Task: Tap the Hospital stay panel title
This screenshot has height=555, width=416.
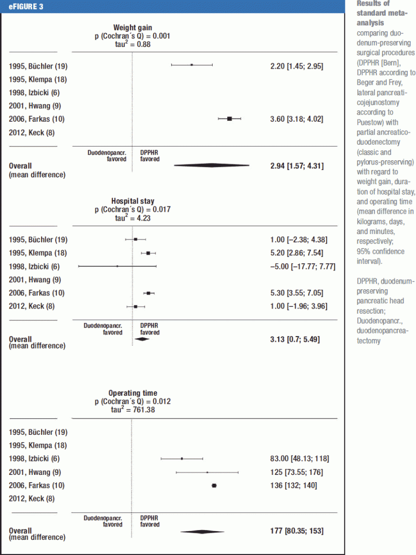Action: [x=133, y=201]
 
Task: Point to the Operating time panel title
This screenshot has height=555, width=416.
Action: [x=133, y=393]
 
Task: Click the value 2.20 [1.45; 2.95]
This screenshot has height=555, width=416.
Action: [x=294, y=67]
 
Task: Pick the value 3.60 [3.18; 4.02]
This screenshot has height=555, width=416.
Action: [x=294, y=119]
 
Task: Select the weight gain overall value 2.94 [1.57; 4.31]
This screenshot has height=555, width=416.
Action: [x=294, y=165]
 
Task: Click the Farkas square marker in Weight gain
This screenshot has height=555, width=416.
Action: [x=229, y=119]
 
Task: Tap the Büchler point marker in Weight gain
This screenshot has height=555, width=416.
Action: [x=191, y=65]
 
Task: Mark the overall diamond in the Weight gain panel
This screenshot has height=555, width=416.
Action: [x=212, y=165]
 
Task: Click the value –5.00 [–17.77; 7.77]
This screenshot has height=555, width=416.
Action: [x=300, y=267]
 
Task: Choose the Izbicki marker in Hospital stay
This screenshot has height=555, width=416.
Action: [x=118, y=266]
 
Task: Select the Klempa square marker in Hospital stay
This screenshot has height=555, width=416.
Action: [x=148, y=253]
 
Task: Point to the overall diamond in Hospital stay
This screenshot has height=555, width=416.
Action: [x=141, y=339]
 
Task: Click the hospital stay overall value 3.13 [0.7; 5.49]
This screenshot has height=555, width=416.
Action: [x=291, y=340]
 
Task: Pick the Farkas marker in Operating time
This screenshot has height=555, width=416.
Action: [x=214, y=486]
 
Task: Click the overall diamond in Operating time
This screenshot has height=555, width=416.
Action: [x=202, y=532]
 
